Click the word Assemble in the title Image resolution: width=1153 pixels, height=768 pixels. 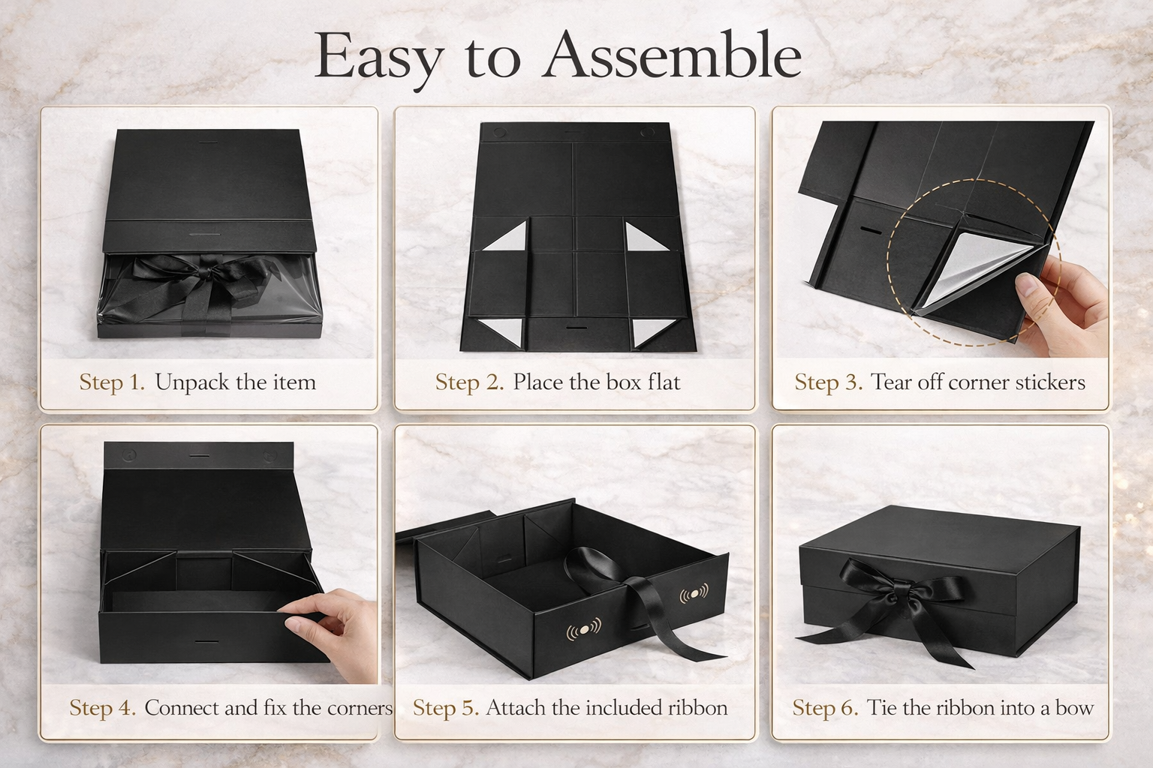click(673, 57)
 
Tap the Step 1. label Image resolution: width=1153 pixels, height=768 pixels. click(112, 382)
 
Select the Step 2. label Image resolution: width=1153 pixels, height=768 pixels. click(470, 382)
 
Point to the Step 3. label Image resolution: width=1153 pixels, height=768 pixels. click(829, 382)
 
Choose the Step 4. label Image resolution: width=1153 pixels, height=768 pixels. click(103, 708)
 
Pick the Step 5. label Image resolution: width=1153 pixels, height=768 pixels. click(446, 708)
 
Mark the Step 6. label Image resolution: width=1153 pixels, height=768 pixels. click(825, 708)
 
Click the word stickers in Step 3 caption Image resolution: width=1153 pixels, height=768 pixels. click(1049, 382)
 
